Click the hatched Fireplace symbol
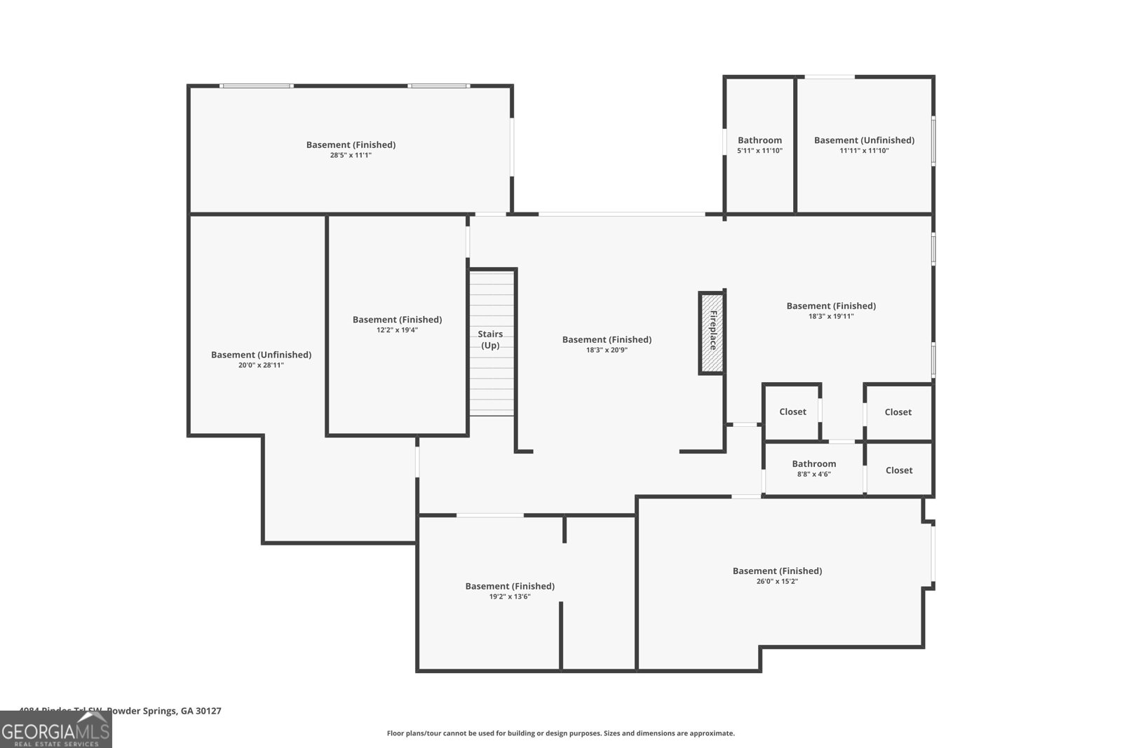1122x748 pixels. (x=711, y=333)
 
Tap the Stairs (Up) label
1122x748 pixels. (x=490, y=339)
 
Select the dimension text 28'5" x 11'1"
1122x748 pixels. (x=351, y=155)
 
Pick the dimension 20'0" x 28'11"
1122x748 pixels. (x=261, y=365)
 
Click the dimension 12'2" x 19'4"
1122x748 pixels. (x=397, y=330)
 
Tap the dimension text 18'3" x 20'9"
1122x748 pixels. (x=607, y=350)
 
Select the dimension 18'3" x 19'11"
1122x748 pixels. (x=831, y=316)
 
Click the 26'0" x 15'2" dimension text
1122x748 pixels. (x=777, y=581)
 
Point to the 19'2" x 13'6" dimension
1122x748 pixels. (x=510, y=597)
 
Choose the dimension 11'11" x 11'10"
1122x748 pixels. (x=864, y=151)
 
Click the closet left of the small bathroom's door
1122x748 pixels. (x=792, y=412)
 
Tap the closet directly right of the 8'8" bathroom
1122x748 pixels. (x=898, y=470)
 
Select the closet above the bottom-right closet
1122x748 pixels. (x=898, y=412)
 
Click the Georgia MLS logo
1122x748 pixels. (x=55, y=732)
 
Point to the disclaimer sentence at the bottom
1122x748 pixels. (x=560, y=733)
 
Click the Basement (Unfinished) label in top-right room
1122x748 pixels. (x=864, y=140)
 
